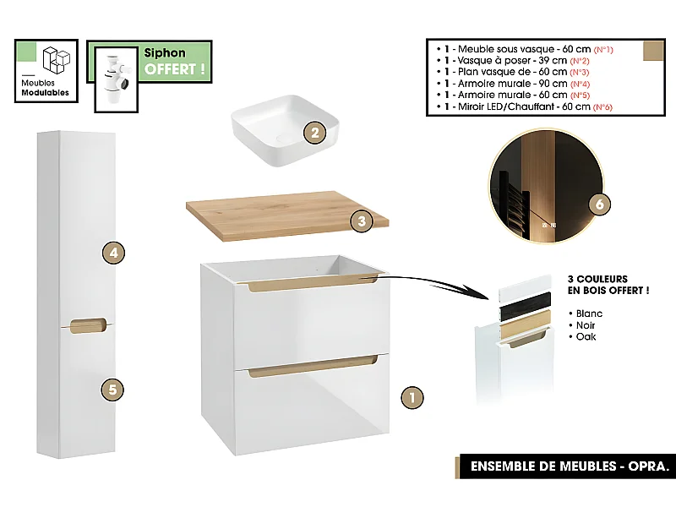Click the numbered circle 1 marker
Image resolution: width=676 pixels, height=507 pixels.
pyautogui.click(x=410, y=396)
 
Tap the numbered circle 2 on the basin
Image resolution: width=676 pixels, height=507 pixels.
pyautogui.click(x=314, y=132)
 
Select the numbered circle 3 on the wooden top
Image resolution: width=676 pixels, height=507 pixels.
pyautogui.click(x=361, y=221)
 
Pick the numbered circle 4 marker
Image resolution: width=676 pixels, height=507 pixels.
pyautogui.click(x=113, y=252)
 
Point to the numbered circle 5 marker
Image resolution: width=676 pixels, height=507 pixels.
pyautogui.click(x=113, y=390)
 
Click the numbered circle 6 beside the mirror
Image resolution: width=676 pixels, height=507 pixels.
pyautogui.click(x=598, y=204)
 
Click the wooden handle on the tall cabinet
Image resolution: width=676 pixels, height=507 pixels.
pyautogui.click(x=86, y=324)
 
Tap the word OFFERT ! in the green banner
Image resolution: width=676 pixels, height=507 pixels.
pyautogui.click(x=175, y=69)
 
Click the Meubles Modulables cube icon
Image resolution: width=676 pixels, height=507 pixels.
pyautogui.click(x=57, y=61)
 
